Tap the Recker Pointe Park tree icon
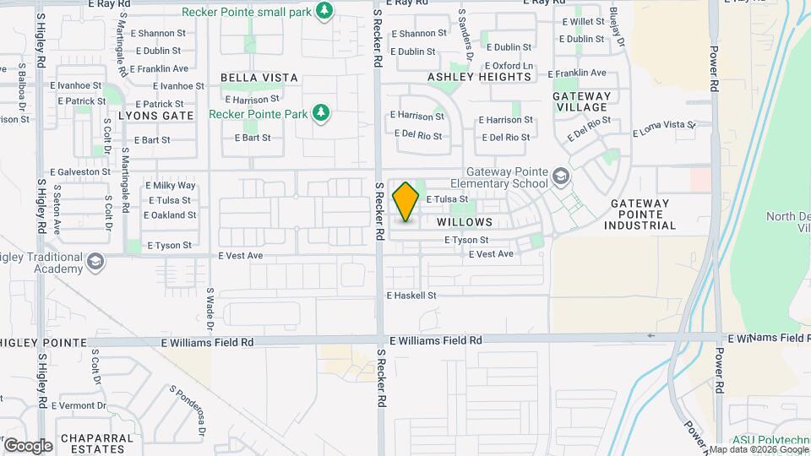point(320,112)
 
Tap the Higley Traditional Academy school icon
point(95,263)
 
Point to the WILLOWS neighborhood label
point(465,222)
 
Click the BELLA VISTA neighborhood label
point(259,78)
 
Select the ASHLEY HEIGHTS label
point(479,77)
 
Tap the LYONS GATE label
point(156,115)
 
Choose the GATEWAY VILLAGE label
point(581,101)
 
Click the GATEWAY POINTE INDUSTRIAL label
point(643,214)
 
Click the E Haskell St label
point(411,296)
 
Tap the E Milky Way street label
point(171,185)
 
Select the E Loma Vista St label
point(664,129)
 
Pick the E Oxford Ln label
point(509,66)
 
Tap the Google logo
point(28,446)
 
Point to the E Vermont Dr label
point(79,405)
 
